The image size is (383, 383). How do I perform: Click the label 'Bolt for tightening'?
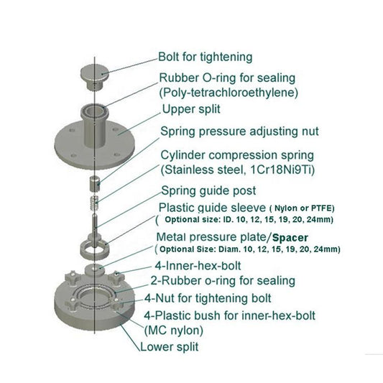click(x=205, y=56)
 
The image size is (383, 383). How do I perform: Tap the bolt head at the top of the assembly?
click(x=93, y=73)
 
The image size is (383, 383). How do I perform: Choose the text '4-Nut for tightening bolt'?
click(x=208, y=297)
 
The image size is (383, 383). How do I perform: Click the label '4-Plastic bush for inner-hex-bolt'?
click(x=229, y=315)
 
